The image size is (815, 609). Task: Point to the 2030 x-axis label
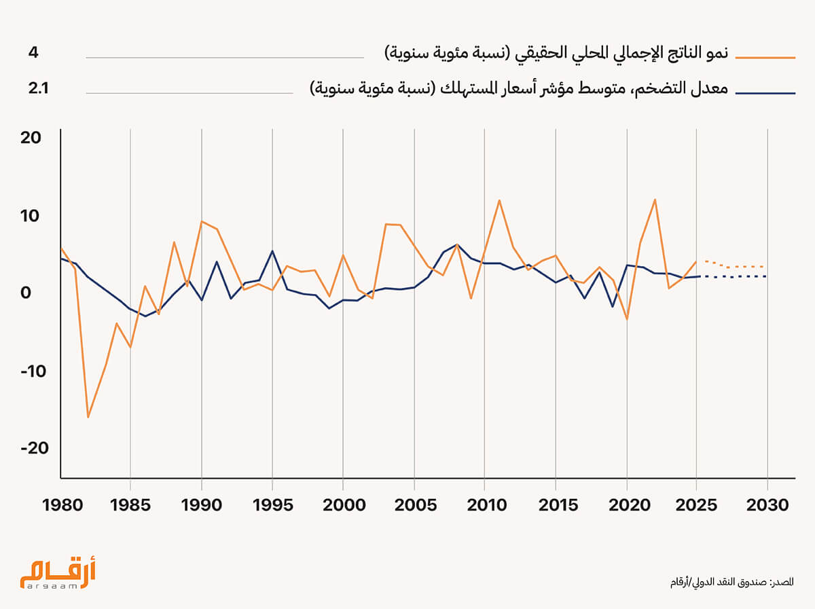pyautogui.click(x=767, y=506)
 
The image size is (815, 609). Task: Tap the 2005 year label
pyautogui.click(x=413, y=506)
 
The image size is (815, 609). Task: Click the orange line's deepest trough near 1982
pyautogui.click(x=88, y=417)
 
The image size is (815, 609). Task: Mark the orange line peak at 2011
pyautogui.click(x=499, y=200)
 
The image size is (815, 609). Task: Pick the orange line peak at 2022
pyautogui.click(x=655, y=200)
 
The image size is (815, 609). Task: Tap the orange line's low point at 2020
pyautogui.click(x=627, y=319)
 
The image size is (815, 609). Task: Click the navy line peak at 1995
pyautogui.click(x=272, y=251)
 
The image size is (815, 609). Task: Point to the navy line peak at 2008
pyautogui.click(x=457, y=244)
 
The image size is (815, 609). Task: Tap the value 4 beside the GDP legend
pyautogui.click(x=33, y=52)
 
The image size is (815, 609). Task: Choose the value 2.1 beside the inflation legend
pyautogui.click(x=38, y=88)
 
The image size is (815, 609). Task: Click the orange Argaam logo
pyautogui.click(x=58, y=572)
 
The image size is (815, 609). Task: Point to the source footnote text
pyautogui.click(x=731, y=582)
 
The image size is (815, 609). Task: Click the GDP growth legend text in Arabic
pyautogui.click(x=556, y=54)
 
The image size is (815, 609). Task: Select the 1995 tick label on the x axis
pyautogui.click(x=272, y=506)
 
